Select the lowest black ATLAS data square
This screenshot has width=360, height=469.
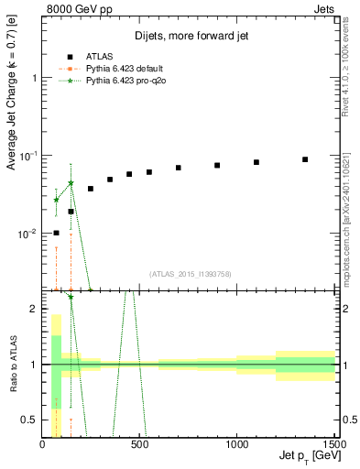56,233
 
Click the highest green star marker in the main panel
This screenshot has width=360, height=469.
71,183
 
